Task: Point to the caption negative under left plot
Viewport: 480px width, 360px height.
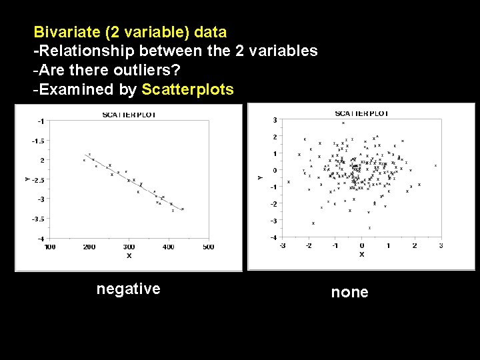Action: pyautogui.click(x=129, y=289)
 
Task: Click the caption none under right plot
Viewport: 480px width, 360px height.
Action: pyautogui.click(x=350, y=292)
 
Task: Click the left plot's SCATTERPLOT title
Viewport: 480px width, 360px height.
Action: pyautogui.click(x=129, y=115)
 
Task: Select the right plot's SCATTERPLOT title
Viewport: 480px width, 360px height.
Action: pyautogui.click(x=361, y=113)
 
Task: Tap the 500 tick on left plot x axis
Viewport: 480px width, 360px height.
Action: pyautogui.click(x=208, y=247)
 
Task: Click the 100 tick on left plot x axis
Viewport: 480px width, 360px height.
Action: pyautogui.click(x=50, y=247)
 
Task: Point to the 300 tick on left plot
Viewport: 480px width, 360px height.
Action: pyautogui.click(x=129, y=247)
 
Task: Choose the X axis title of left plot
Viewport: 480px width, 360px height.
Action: pyautogui.click(x=129, y=256)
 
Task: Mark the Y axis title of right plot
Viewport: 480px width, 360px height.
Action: pyautogui.click(x=260, y=177)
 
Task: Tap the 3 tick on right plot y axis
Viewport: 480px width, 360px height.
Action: pyautogui.click(x=275, y=120)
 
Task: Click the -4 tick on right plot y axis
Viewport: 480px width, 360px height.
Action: pyautogui.click(x=273, y=237)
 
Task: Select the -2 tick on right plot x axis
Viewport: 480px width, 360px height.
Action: pyautogui.click(x=308, y=246)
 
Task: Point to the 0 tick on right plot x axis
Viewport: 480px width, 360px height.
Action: pyautogui.click(x=361, y=246)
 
